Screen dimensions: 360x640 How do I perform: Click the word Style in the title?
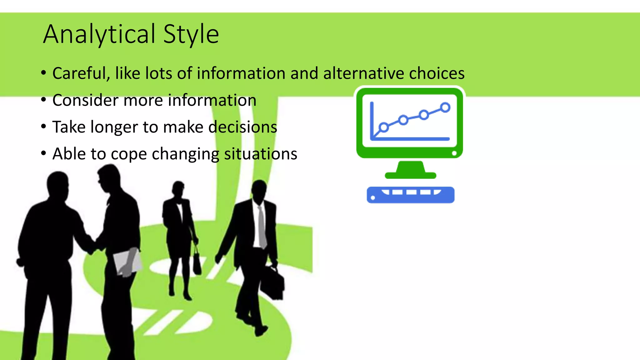click(191, 34)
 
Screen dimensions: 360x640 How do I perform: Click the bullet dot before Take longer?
click(44, 127)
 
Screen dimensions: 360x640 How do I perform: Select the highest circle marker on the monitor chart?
click(445, 107)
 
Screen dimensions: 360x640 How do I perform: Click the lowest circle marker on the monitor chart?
click(384, 127)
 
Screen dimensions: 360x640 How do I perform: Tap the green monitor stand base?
click(410, 175)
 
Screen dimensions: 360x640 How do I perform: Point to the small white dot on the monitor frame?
click(454, 153)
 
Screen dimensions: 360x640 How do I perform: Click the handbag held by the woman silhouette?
click(197, 264)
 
